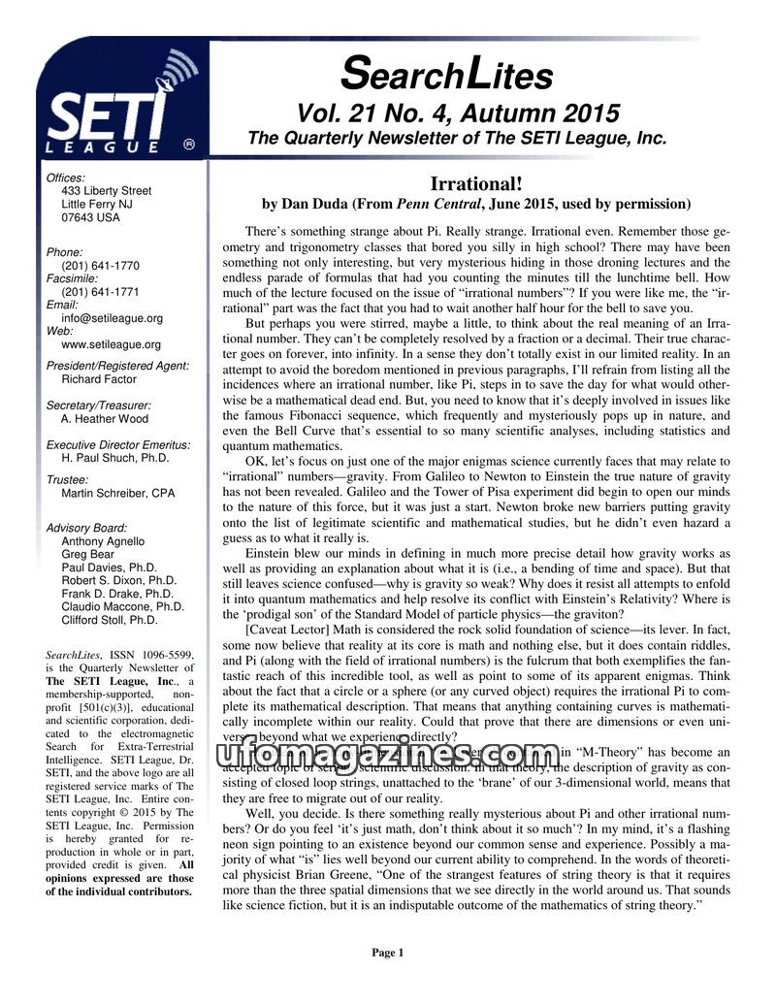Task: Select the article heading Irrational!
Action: tap(476, 184)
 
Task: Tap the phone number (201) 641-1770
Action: tap(100, 266)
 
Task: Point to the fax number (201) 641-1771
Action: tap(100, 291)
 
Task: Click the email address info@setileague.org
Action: tap(112, 318)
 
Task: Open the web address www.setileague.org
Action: tap(111, 344)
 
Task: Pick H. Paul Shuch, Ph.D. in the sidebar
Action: tap(114, 458)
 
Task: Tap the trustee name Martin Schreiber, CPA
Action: tap(117, 494)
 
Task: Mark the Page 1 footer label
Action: tap(387, 954)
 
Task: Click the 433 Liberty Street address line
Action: tap(106, 191)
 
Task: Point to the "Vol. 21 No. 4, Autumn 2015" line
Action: tap(457, 113)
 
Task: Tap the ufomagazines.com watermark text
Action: tap(388, 757)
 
